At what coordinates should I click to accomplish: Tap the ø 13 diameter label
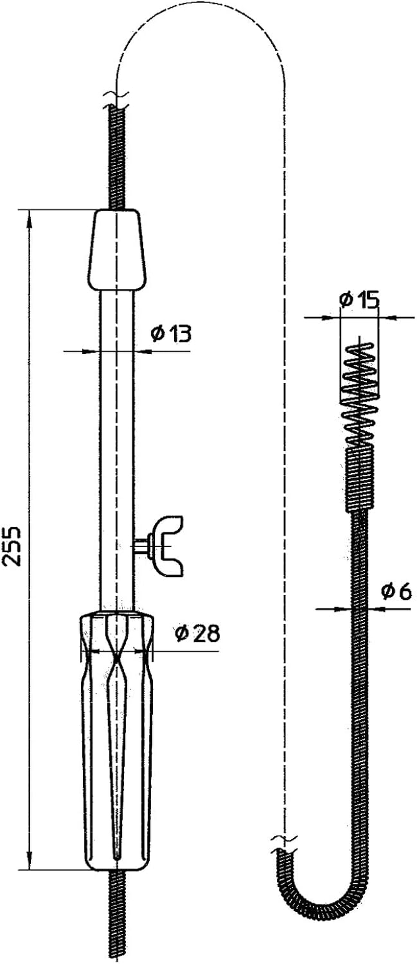click(x=171, y=333)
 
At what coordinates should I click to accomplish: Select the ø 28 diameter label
click(x=198, y=634)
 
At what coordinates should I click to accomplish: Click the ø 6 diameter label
click(x=396, y=592)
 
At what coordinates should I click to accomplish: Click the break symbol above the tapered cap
click(x=116, y=96)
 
